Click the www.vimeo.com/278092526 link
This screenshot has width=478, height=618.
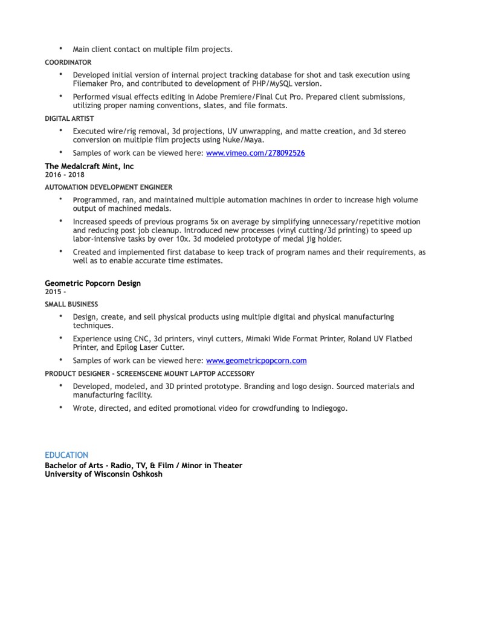pyautogui.click(x=255, y=153)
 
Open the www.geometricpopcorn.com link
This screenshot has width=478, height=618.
pyautogui.click(x=256, y=361)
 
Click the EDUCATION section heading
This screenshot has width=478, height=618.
pyautogui.click(x=66, y=455)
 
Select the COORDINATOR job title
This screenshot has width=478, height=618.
pyautogui.click(x=68, y=62)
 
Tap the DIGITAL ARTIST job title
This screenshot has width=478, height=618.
pyautogui.click(x=69, y=119)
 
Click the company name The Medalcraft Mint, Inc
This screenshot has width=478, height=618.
pyautogui.click(x=89, y=166)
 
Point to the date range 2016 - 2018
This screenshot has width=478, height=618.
pyautogui.click(x=65, y=175)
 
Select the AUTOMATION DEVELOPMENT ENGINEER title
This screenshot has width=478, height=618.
pyautogui.click(x=108, y=187)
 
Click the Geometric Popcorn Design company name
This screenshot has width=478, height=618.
pyautogui.click(x=92, y=283)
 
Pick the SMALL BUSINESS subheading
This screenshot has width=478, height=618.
pyautogui.click(x=71, y=304)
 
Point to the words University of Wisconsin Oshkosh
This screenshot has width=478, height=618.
pyautogui.click(x=103, y=474)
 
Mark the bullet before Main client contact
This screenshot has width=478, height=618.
pyautogui.click(x=60, y=48)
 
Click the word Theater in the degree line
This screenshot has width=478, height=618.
pyautogui.click(x=224, y=465)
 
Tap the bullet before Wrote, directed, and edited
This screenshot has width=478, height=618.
pyautogui.click(x=60, y=408)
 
